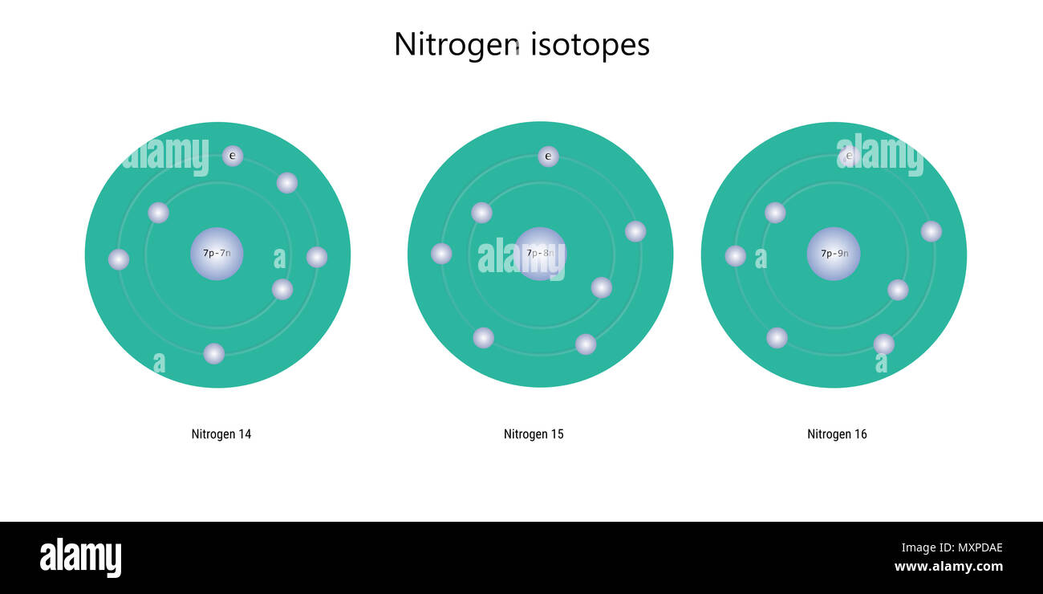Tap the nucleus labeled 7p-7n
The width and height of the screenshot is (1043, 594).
tap(217, 254)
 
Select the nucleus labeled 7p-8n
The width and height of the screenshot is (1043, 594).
tap(540, 254)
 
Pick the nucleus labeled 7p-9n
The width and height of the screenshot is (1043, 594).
tap(834, 254)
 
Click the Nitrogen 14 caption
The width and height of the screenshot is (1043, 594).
tap(221, 434)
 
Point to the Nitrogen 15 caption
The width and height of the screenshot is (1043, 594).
tap(534, 434)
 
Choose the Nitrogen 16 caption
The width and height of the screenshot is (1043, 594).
tap(837, 434)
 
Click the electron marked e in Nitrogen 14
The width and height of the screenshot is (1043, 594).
tap(233, 156)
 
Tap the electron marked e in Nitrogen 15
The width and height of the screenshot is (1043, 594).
tap(548, 157)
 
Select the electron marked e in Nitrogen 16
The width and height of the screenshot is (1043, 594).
tap(849, 157)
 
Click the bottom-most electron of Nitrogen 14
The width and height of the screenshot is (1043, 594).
tap(214, 353)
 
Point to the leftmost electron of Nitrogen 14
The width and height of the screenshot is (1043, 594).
tap(119, 259)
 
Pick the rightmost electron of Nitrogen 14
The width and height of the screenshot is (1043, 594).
tap(317, 257)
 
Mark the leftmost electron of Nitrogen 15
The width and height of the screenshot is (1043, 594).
tap(441, 254)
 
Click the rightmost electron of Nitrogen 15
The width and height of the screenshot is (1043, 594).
tap(635, 231)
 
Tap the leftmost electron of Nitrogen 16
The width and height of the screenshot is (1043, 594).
tap(736, 256)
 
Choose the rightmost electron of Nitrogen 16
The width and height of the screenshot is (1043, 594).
tap(931, 231)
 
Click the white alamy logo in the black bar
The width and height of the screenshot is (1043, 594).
tap(80, 558)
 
